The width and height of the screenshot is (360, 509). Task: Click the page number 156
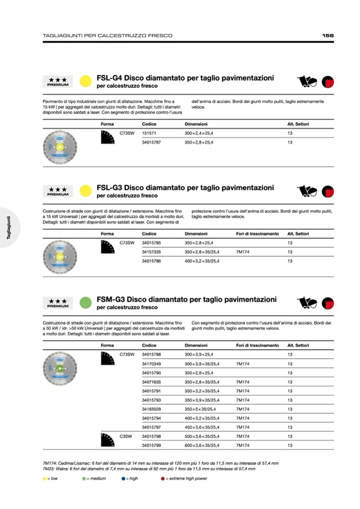pyautogui.click(x=328, y=36)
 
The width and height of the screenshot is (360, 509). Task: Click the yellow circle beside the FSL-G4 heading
pyautogui.click(x=85, y=81)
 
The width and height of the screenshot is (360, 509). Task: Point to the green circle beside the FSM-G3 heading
pyautogui.click(x=85, y=303)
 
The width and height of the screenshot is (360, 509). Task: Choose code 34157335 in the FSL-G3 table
pyautogui.click(x=152, y=252)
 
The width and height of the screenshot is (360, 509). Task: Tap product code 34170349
pyautogui.click(x=152, y=364)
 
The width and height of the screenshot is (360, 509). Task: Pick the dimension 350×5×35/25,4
pyautogui.click(x=202, y=409)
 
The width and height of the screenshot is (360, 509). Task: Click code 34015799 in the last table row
pyautogui.click(x=152, y=445)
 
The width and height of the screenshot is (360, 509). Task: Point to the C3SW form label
pyautogui.click(x=125, y=436)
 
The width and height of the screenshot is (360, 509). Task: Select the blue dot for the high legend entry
pyautogui.click(x=123, y=478)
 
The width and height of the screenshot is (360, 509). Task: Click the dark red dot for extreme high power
pyautogui.click(x=162, y=478)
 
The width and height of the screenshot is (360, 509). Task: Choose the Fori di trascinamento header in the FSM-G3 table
pyautogui.click(x=257, y=345)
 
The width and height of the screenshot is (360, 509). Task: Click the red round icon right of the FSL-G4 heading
pyautogui.click(x=328, y=81)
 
